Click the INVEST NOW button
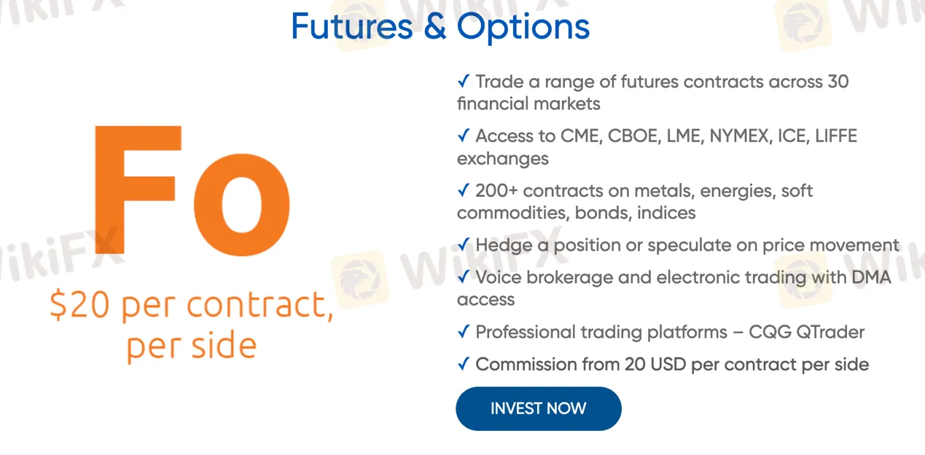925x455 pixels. point(539,408)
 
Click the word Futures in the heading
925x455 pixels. point(352,26)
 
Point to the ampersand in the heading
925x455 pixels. point(435,26)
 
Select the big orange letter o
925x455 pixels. point(242,205)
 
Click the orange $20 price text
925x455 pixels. point(79,305)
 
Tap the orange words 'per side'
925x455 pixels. point(192,346)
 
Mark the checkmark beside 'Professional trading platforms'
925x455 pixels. point(464,332)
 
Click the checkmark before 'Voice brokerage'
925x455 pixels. point(464,276)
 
